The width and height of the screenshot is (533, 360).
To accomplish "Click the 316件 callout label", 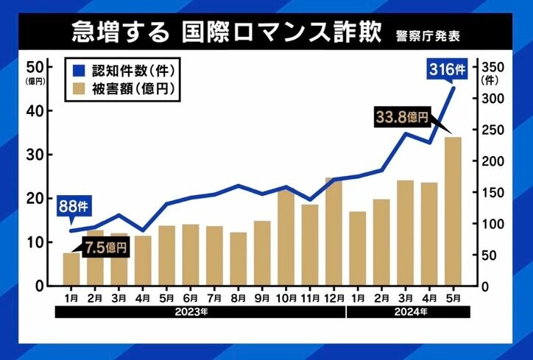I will (x=447, y=71).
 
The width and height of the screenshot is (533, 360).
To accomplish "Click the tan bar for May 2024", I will (x=453, y=211).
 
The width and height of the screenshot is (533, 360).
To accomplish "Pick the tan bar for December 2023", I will (x=333, y=231).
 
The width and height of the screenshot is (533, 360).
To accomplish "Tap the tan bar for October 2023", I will (x=286, y=236).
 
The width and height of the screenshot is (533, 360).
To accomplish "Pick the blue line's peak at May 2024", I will (x=453, y=88).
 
